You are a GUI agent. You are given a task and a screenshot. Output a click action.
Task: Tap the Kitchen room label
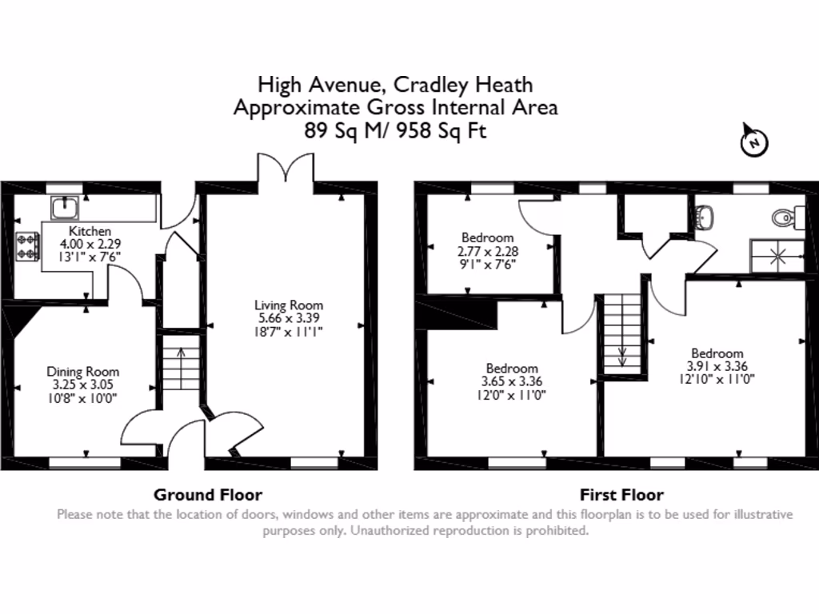(x=89, y=231)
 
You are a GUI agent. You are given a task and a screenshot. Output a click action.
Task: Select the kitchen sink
(x=65, y=209)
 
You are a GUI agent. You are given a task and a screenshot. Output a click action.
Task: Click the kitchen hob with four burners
(x=27, y=245)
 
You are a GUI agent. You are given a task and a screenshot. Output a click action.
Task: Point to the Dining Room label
(x=82, y=372)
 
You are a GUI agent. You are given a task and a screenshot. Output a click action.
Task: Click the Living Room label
(x=289, y=305)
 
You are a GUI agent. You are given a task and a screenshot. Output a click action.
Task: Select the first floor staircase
(x=622, y=331)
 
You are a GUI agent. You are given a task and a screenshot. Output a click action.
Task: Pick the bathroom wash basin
(x=705, y=217)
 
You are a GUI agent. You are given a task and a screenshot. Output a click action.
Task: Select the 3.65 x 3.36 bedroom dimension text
(x=512, y=381)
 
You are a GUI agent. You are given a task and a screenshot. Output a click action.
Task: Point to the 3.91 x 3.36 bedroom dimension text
(x=717, y=366)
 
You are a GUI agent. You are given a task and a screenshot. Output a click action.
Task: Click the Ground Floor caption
(x=208, y=495)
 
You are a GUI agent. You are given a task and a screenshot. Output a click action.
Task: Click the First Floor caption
(x=621, y=495)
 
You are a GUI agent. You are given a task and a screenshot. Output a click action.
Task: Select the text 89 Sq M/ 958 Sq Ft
(x=395, y=131)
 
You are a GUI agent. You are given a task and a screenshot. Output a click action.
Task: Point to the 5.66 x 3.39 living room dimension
(x=289, y=317)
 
